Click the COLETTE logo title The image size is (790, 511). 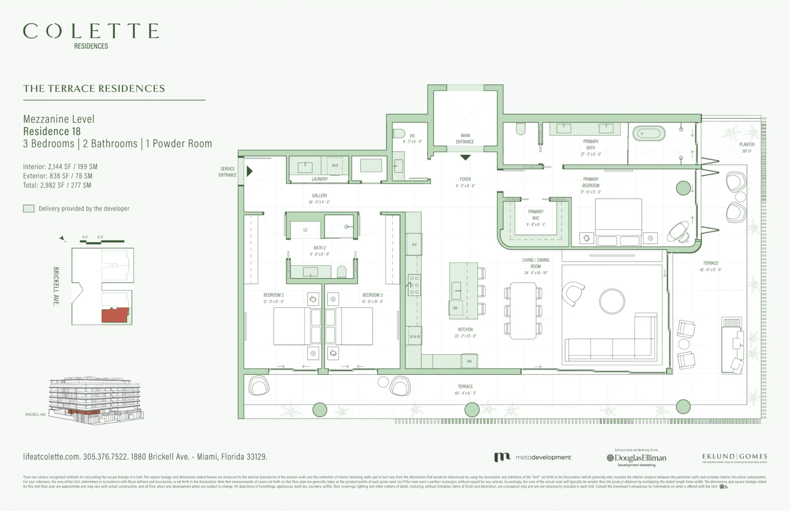point(91,31)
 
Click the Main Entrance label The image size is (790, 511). point(465,139)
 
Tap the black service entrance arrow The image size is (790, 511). point(249,171)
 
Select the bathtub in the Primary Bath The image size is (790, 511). point(648,134)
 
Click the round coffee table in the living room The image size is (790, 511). point(612,301)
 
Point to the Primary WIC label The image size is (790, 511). point(535,215)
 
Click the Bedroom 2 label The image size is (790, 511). point(274,295)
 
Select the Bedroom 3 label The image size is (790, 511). point(372,295)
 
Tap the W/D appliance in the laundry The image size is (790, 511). point(335,166)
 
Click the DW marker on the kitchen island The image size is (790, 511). point(455,308)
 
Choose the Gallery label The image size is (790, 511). point(319,196)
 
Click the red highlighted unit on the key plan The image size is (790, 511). point(114,315)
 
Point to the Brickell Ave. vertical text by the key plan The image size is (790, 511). point(56,286)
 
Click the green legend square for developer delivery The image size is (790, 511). point(29,208)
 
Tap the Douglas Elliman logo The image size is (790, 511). point(637,458)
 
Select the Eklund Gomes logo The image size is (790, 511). point(734,457)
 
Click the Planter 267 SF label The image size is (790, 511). point(746,148)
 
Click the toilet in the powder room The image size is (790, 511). point(399,134)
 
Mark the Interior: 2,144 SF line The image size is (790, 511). point(60,167)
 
